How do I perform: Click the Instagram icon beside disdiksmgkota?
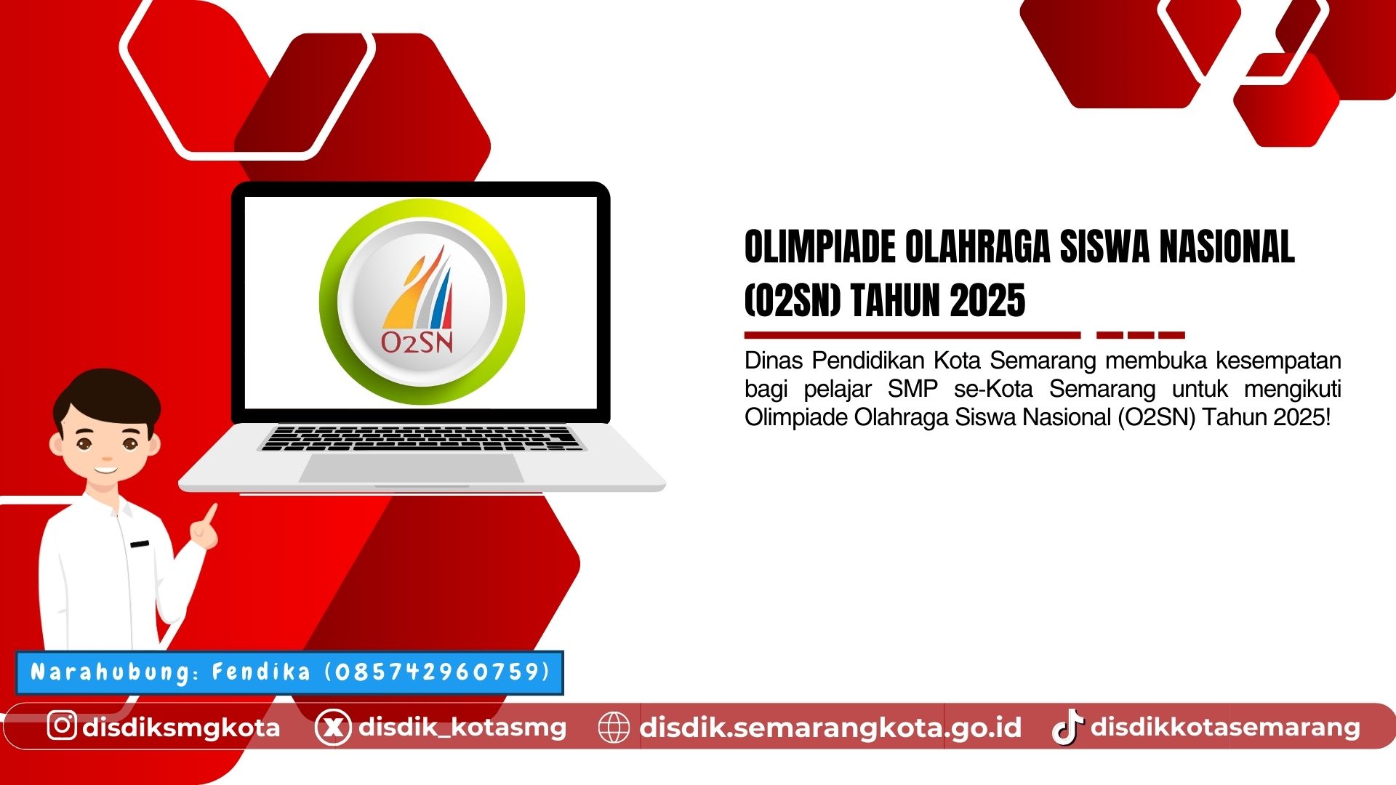[62, 725]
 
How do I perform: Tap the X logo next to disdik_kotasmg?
[333, 727]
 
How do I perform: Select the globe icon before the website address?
[613, 727]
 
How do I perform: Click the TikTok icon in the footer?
[1067, 727]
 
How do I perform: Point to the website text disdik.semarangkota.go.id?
[830, 727]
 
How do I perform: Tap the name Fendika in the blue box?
[261, 672]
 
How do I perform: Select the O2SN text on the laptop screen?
[417, 342]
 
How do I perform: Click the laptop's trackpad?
[412, 467]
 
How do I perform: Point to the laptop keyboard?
[422, 438]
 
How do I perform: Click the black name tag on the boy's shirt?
[139, 544]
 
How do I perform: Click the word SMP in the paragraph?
[912, 389]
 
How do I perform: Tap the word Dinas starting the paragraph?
[773, 361]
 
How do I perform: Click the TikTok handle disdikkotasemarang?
[1225, 727]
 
